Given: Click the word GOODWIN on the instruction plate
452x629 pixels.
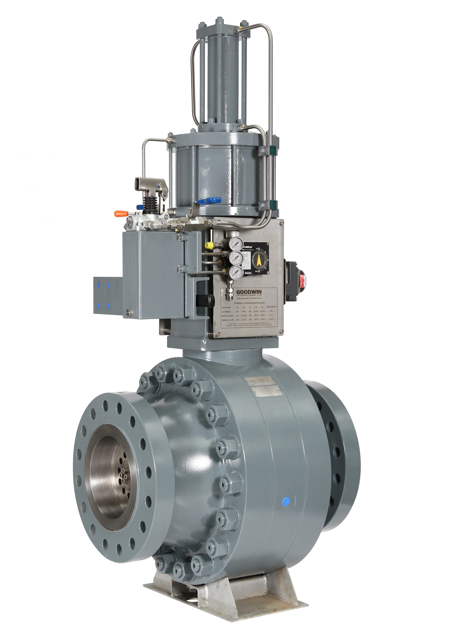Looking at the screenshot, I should click(249, 292).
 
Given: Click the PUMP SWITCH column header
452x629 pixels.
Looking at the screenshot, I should click(271, 307).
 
